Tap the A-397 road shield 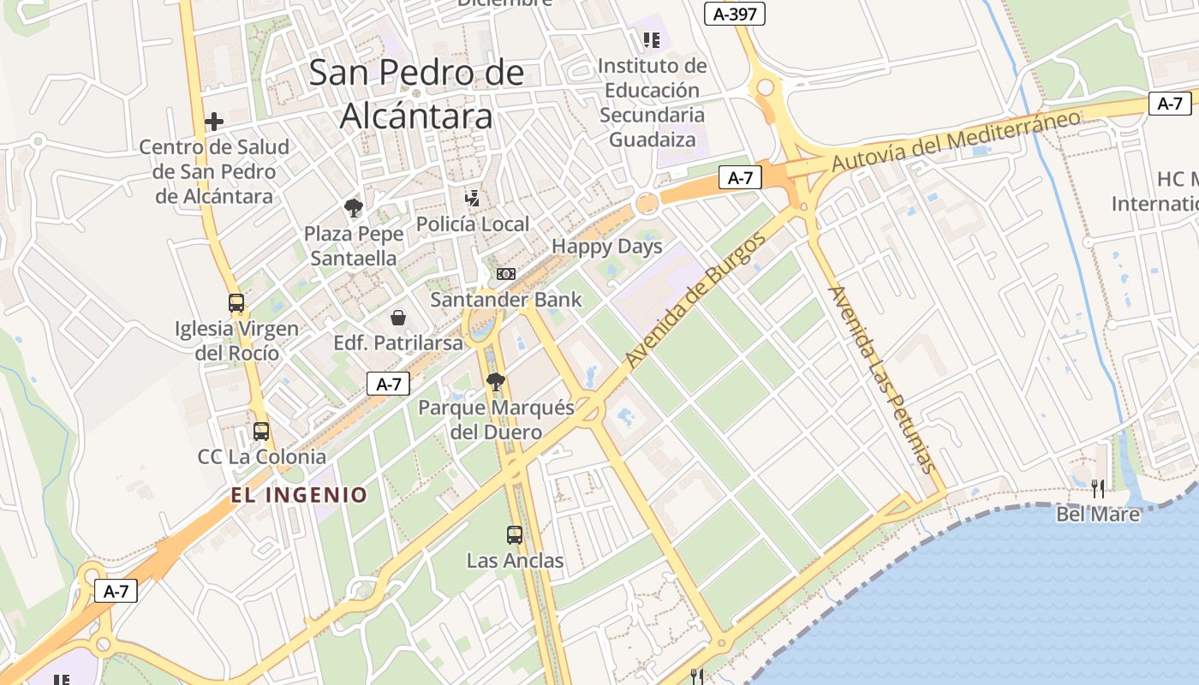(x=734, y=14)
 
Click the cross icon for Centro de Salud (x=214, y=122)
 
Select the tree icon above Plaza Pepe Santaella (x=352, y=207)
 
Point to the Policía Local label (x=472, y=224)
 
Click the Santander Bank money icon (x=506, y=274)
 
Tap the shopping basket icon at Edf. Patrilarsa (x=398, y=319)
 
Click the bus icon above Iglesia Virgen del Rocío (x=236, y=303)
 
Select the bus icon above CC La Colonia (x=261, y=432)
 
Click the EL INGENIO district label (x=299, y=495)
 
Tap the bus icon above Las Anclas (x=515, y=535)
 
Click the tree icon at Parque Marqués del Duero (x=495, y=382)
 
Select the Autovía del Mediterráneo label (x=956, y=140)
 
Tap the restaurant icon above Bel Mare (x=1097, y=489)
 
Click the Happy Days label (x=606, y=247)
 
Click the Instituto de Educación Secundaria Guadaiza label (x=652, y=102)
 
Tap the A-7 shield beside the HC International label (x=1169, y=104)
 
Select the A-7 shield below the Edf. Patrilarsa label (x=389, y=384)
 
